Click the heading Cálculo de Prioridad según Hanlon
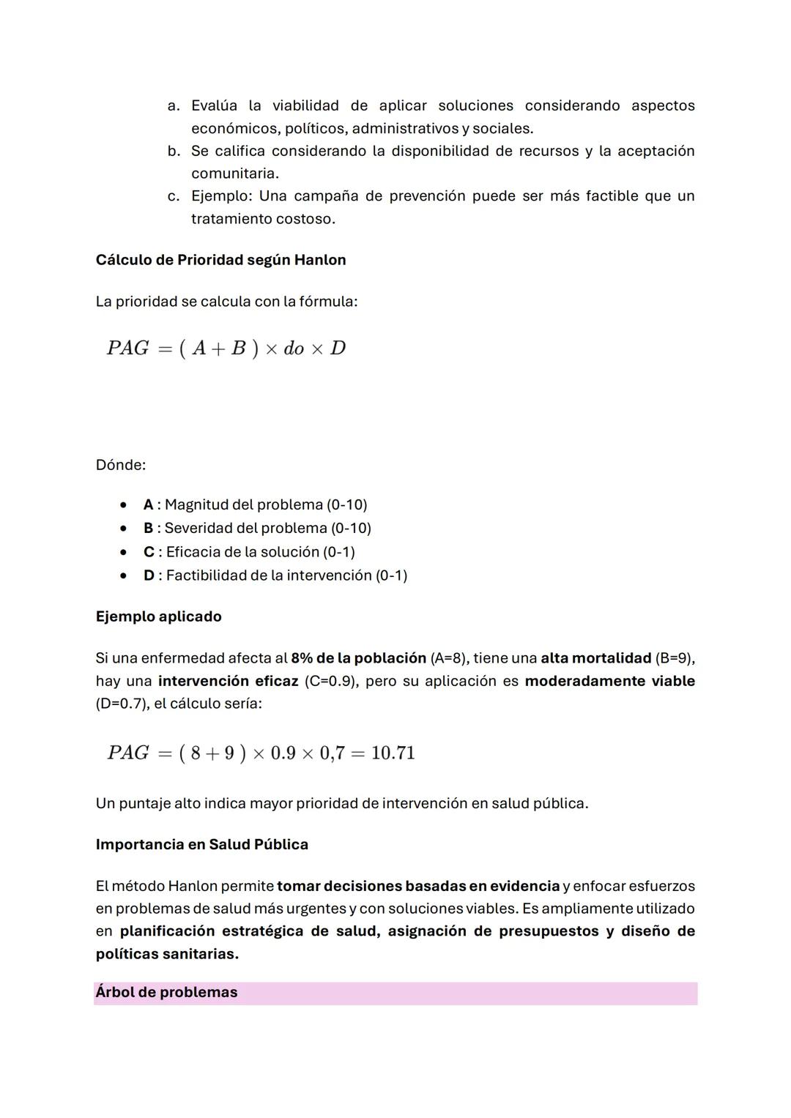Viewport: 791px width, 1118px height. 220,260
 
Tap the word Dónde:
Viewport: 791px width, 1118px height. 120,465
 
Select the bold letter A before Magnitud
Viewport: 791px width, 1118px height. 149,504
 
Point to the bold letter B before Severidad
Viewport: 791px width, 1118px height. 149,528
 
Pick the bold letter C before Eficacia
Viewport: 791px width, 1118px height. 149,551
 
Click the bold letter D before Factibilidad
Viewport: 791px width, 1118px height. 149,575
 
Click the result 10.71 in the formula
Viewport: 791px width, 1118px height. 393,753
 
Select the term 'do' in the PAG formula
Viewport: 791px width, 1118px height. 294,349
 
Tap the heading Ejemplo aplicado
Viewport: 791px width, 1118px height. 158,616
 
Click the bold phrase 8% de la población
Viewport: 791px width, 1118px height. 358,657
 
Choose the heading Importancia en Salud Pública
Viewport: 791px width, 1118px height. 201,844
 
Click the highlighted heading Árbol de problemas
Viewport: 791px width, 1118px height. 166,992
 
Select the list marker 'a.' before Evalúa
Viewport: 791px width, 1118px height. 174,105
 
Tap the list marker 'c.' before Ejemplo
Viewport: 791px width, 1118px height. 174,196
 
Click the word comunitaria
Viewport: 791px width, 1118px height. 234,174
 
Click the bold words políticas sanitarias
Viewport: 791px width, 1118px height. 167,954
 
